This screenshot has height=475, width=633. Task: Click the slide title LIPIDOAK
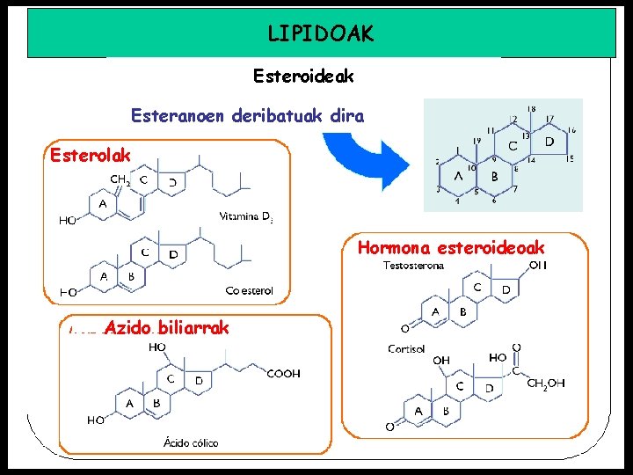[x=321, y=33]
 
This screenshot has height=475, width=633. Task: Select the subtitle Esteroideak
[x=303, y=77]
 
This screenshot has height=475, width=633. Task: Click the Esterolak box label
[x=91, y=155]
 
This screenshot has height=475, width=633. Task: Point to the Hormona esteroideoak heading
[x=451, y=247]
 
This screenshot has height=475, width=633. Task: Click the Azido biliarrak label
[x=165, y=327]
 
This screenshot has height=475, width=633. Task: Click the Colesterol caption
[x=249, y=290]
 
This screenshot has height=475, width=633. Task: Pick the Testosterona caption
[x=413, y=266]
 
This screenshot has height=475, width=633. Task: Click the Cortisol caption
[x=405, y=349]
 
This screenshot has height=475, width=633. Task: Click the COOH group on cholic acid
[x=284, y=374]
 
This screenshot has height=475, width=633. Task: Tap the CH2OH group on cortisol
[x=545, y=384]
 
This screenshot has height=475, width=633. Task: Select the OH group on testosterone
[x=538, y=265]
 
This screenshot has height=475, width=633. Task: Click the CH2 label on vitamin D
[x=120, y=180]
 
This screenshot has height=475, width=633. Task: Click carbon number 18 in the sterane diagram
[x=531, y=109]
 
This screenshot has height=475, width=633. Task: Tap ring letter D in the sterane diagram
[x=549, y=141]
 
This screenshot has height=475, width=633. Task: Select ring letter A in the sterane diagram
[x=458, y=175]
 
